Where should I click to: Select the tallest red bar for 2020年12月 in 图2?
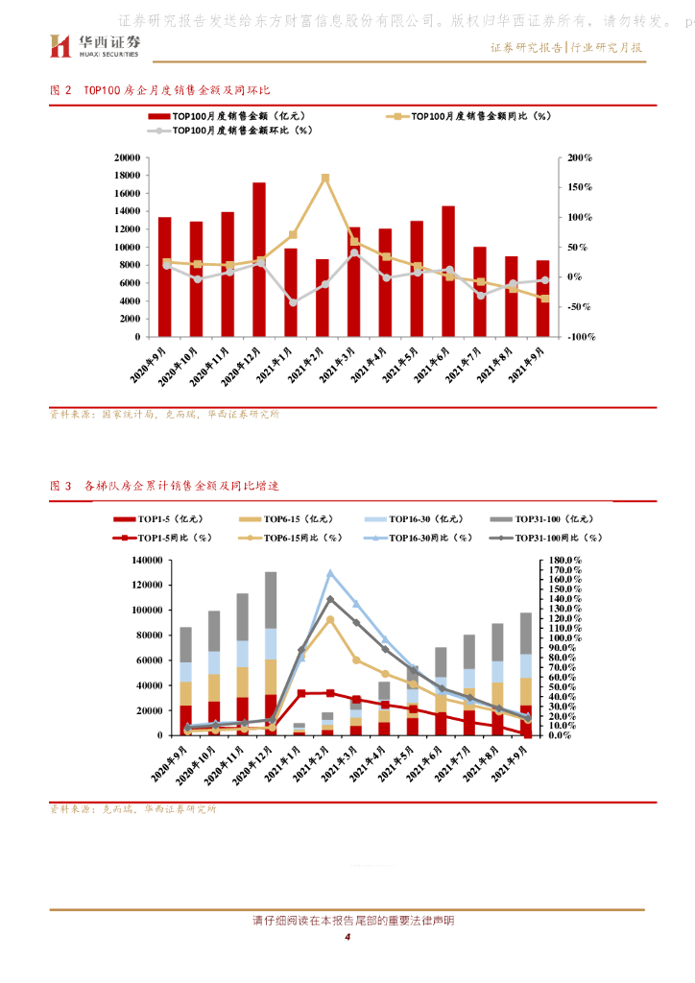coord(259,259)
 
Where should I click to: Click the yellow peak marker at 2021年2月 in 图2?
coord(325,178)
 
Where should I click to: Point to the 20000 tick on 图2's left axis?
coord(127,157)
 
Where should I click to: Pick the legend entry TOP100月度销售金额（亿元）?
coord(224,116)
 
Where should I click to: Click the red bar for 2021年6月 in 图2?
coord(448,271)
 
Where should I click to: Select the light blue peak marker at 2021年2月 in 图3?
coord(330,573)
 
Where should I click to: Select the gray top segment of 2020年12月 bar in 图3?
coord(271,600)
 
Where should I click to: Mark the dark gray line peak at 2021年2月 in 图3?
coord(330,599)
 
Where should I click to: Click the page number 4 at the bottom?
coord(347,937)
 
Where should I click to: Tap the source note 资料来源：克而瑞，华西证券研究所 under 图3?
coord(133,809)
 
